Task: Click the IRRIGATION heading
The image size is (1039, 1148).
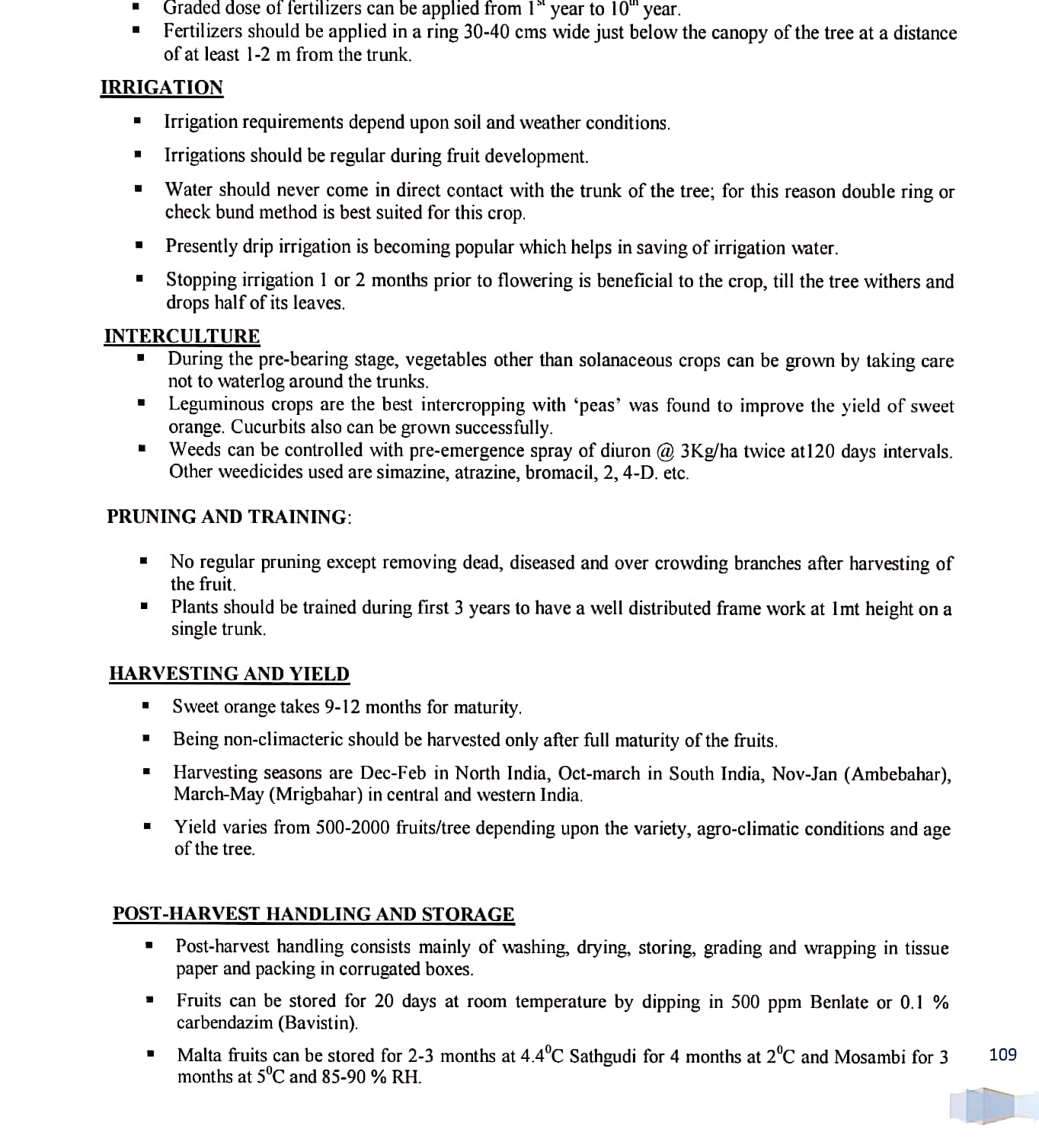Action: (x=161, y=88)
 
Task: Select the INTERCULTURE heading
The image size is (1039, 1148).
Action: (x=182, y=336)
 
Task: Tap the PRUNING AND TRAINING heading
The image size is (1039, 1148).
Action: (x=229, y=517)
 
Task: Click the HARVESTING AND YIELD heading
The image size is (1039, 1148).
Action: (x=229, y=674)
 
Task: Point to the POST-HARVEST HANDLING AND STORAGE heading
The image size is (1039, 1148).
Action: (x=313, y=914)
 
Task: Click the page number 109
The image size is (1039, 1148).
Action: (x=1002, y=1054)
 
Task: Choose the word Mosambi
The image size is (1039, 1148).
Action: (x=870, y=1057)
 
